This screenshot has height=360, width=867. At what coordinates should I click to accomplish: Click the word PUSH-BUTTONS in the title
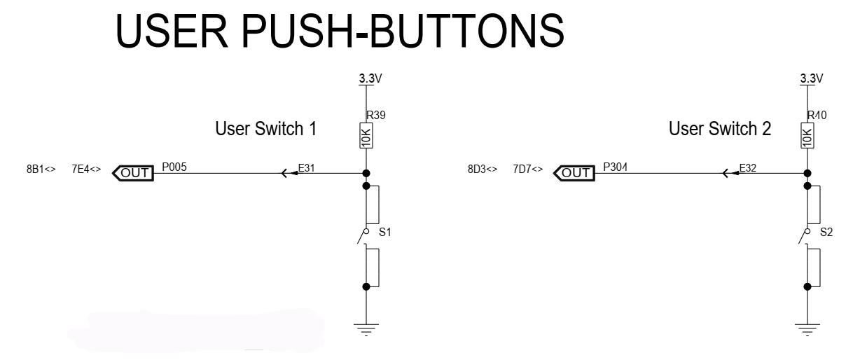point(403,31)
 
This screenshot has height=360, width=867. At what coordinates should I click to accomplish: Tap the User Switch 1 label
point(266,128)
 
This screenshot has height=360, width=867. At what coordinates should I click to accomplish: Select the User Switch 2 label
point(720,128)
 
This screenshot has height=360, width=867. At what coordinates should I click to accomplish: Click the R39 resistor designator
point(376,115)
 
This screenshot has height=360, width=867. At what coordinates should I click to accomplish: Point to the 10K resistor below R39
point(366,135)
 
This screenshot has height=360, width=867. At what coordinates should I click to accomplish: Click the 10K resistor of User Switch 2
point(807,135)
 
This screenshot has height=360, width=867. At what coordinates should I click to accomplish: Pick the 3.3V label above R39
point(370,78)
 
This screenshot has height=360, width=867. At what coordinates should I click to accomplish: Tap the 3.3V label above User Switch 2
point(812,78)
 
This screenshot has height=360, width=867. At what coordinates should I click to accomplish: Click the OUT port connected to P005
point(133,173)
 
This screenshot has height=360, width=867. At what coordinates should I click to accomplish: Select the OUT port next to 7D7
point(574,173)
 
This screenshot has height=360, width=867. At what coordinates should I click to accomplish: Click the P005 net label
point(174,167)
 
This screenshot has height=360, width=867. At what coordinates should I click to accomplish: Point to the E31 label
point(306,168)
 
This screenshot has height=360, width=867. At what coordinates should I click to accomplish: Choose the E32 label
point(748,168)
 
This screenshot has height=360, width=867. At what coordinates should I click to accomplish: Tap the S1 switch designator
point(384,233)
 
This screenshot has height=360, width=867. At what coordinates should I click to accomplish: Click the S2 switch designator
point(826,233)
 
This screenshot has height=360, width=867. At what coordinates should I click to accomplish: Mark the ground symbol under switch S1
point(366,330)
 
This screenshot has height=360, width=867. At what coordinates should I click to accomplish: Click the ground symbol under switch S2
point(807,330)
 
